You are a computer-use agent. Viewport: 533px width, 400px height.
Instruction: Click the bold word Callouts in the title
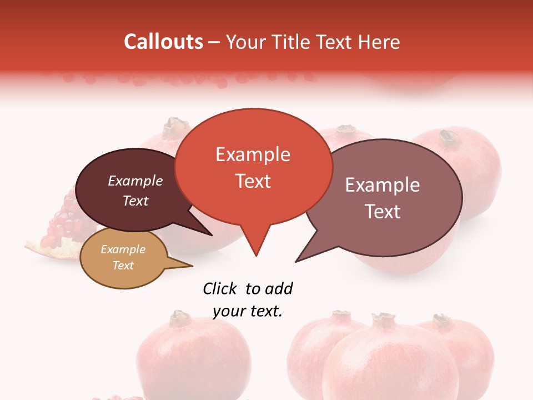pos(163,42)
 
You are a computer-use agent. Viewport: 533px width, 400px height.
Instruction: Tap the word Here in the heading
pos(379,42)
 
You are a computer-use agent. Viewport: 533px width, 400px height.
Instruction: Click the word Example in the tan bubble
pos(123,249)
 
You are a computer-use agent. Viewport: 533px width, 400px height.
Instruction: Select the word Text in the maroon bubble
pos(135,201)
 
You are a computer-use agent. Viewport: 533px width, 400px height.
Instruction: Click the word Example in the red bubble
pos(253,154)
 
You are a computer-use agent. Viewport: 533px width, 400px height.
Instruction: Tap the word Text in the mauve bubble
pos(383,212)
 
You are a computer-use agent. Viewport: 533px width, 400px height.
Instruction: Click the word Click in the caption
pos(220,289)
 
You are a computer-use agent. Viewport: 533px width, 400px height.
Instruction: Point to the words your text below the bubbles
pos(248,311)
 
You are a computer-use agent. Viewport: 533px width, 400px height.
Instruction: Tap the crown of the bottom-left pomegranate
pos(180,318)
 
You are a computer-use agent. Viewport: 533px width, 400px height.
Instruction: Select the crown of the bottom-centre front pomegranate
pos(383,319)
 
